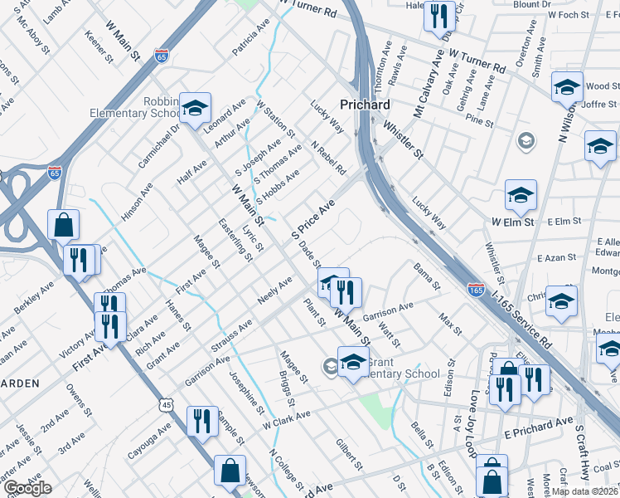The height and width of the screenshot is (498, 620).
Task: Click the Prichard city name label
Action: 366,105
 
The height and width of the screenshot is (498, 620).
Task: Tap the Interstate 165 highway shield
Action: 476,290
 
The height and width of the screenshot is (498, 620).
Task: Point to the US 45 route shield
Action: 167,405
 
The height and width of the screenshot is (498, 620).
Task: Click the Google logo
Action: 27,488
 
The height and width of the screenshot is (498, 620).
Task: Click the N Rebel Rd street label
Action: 328,158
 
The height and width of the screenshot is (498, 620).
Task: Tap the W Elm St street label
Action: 511,222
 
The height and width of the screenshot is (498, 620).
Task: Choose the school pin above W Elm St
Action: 521,197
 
